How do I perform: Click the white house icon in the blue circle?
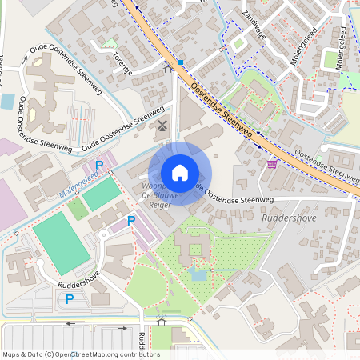pos(180,173)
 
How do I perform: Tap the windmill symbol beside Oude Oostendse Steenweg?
pos(162,125)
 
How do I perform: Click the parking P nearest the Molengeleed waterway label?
pos(99,166)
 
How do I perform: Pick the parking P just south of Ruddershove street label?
pos(70,299)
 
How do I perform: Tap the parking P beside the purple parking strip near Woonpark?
pos(131,218)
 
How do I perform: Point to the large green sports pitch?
pos(62,242)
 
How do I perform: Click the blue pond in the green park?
pos(198,275)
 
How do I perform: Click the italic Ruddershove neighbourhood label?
pos(287,216)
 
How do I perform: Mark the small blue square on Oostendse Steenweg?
pos(182,62)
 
